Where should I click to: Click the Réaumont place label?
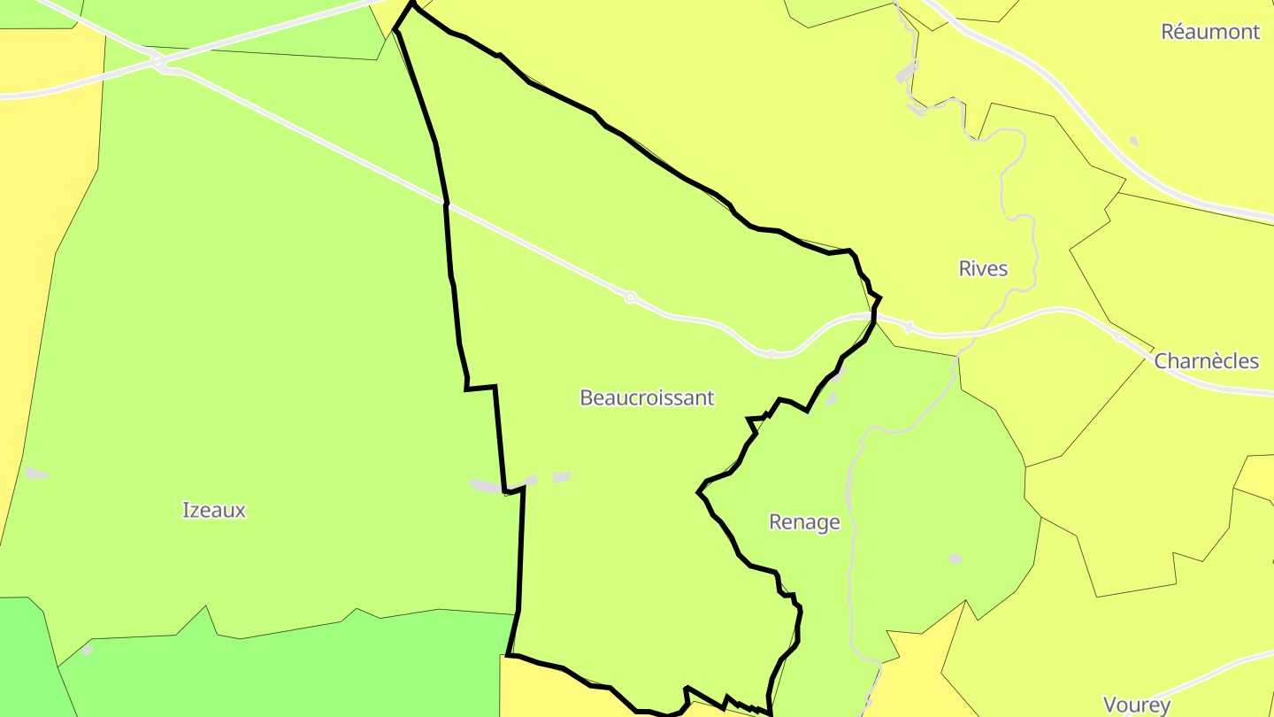pyautogui.click(x=1209, y=32)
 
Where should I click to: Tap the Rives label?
pyautogui.click(x=983, y=268)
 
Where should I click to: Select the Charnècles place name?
pyautogui.click(x=1206, y=361)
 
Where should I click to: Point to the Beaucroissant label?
pyautogui.click(x=646, y=397)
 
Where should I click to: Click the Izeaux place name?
pyautogui.click(x=213, y=510)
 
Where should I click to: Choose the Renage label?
pyautogui.click(x=803, y=522)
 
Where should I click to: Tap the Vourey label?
pyautogui.click(x=1136, y=705)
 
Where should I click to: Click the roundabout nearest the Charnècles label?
pyautogui.click(x=1119, y=337)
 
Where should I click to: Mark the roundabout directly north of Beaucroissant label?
pyautogui.click(x=630, y=297)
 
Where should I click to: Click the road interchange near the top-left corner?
pyautogui.click(x=157, y=61)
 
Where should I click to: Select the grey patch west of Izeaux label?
pyautogui.click(x=36, y=474)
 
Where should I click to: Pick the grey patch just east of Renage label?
pyautogui.click(x=955, y=559)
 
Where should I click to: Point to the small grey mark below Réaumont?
pyautogui.click(x=1134, y=141)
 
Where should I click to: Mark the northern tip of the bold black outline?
pyautogui.click(x=412, y=3)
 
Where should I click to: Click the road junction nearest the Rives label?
pyautogui.click(x=908, y=328)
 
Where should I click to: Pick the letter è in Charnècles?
pyautogui.click(x=1219, y=361)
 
